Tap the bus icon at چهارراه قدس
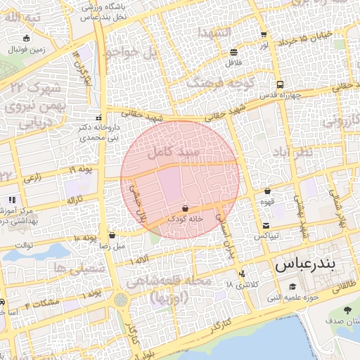(x=280, y=84)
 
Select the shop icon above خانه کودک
(x=185, y=208)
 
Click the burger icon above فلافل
(x=233, y=52)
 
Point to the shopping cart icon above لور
(x=263, y=34)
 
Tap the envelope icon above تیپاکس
(x=266, y=226)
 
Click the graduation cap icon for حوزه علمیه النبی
(x=292, y=286)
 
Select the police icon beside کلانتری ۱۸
(x=243, y=274)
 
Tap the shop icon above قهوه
(x=268, y=191)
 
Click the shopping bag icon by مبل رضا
(x=112, y=236)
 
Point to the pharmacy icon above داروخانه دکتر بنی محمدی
(x=98, y=117)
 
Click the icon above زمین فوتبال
(x=27, y=39)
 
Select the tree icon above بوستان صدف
(x=348, y=310)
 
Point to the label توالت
(x=25, y=245)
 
